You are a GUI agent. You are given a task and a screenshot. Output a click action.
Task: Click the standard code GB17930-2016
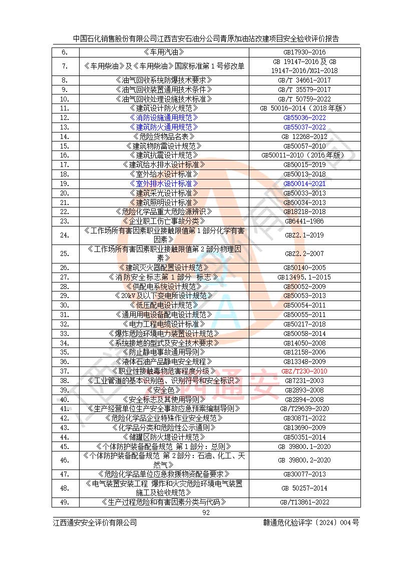click(304, 52)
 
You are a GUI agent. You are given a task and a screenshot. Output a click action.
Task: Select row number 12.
click(64, 117)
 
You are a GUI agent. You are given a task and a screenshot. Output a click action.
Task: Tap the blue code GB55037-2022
click(304, 127)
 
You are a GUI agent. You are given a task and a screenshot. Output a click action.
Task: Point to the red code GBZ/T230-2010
click(304, 371)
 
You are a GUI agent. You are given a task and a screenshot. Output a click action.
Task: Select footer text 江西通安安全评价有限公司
click(95, 522)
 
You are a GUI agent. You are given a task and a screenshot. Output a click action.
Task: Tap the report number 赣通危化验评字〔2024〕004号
click(311, 522)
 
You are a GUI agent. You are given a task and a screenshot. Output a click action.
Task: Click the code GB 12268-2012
click(304, 136)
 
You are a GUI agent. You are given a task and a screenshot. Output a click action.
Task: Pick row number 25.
click(64, 253)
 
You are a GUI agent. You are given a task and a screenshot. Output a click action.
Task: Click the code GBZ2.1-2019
click(304, 235)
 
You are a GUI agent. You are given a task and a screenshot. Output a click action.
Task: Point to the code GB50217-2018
click(304, 324)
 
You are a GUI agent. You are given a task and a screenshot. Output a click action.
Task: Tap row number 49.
click(64, 502)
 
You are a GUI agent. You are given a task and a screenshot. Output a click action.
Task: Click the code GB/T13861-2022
click(304, 502)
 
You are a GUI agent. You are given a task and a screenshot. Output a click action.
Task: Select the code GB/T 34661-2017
click(304, 80)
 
